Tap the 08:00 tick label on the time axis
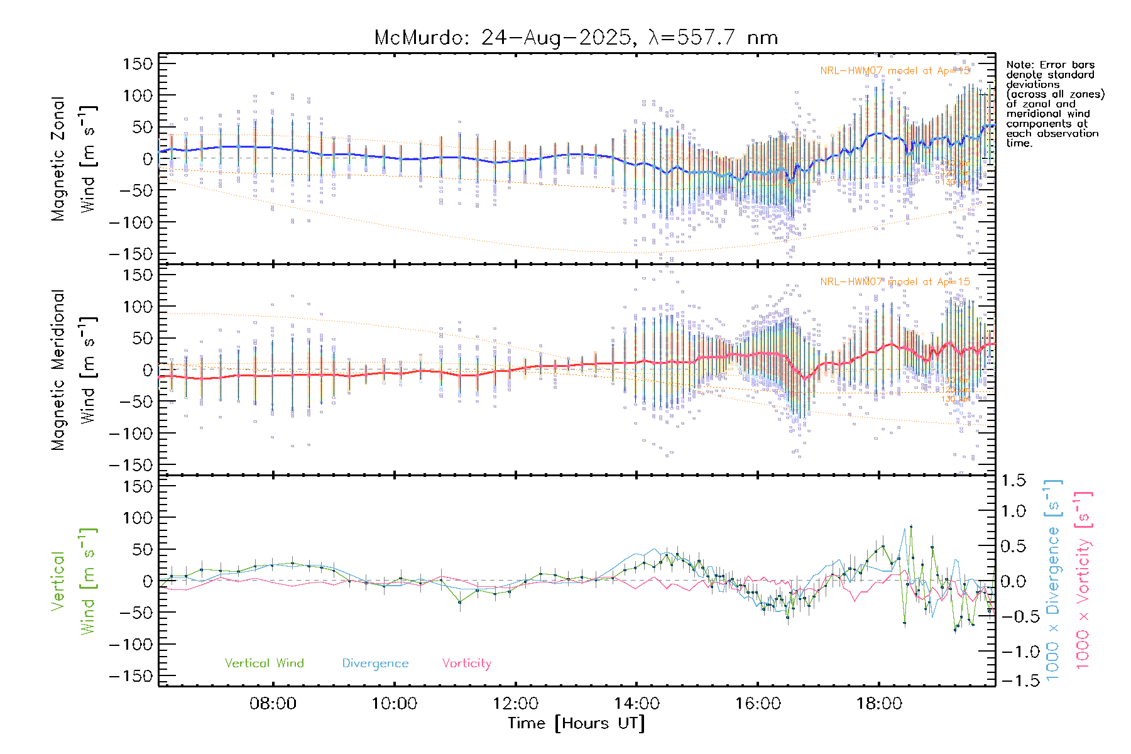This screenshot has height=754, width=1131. [x=273, y=703]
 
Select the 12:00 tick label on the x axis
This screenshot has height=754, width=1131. [x=515, y=703]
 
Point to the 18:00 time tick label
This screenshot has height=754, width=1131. [x=879, y=703]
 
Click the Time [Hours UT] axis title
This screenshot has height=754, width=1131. [x=576, y=723]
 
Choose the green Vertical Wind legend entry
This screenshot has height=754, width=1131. [x=264, y=663]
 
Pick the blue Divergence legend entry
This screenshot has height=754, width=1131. [x=375, y=663]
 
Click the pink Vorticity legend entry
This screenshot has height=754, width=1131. [x=466, y=663]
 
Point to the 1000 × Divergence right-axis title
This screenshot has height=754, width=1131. [x=1052, y=581]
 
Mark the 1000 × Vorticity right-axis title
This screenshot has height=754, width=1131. [x=1083, y=581]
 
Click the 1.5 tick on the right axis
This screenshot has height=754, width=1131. [x=1014, y=481]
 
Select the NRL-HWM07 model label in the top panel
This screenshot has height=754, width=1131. [x=895, y=71]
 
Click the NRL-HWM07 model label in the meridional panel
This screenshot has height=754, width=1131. [x=895, y=282]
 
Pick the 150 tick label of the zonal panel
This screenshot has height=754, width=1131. [x=138, y=63]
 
